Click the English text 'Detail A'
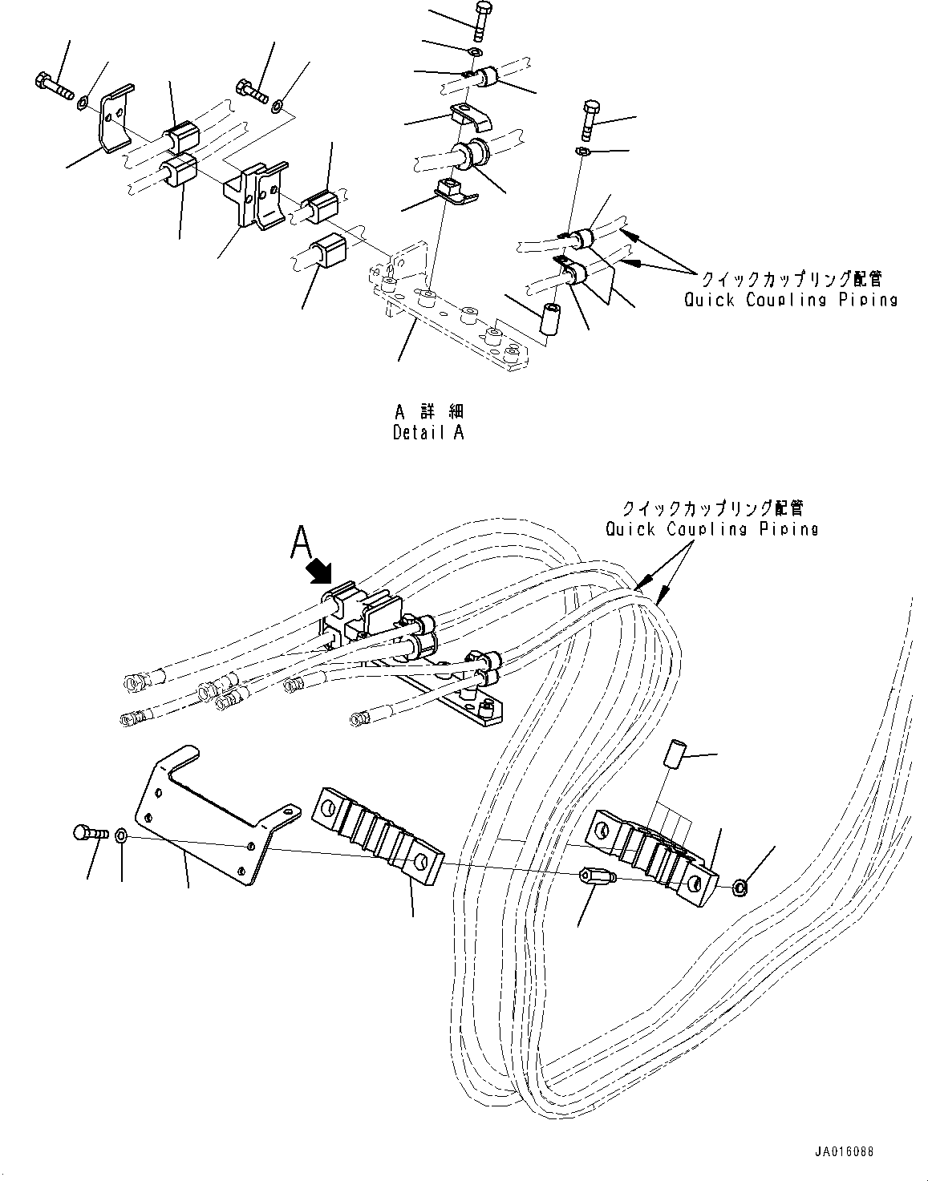point(428,432)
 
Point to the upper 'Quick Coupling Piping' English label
point(790,299)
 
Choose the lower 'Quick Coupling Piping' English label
point(712,528)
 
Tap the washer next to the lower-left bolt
point(120,836)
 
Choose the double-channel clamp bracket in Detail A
point(254,196)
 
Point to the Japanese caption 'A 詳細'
point(428,411)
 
